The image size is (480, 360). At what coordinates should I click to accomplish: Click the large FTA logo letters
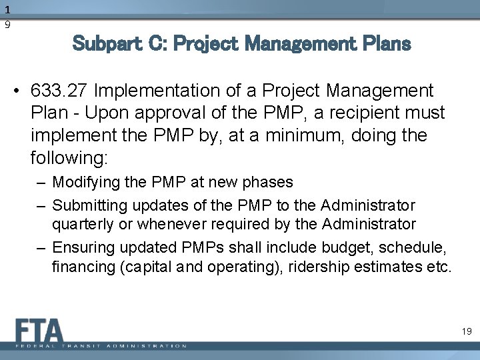pos(38,330)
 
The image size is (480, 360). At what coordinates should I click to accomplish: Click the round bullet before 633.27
pos(23,90)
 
